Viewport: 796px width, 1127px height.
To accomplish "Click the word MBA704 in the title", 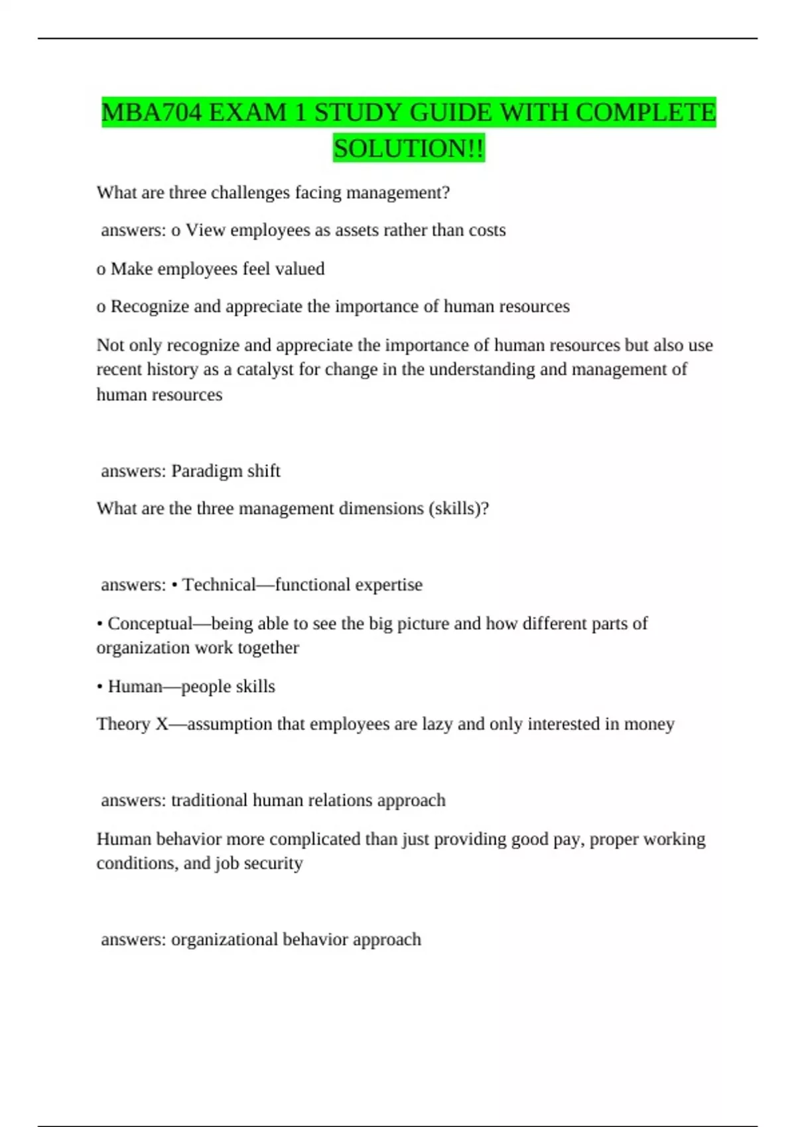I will pyautogui.click(x=151, y=113).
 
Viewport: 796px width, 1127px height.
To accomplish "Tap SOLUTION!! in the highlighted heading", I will pyautogui.click(x=409, y=148).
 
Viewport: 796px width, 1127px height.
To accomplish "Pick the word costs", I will pyautogui.click(x=487, y=230).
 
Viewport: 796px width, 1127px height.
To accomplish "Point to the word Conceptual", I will pyautogui.click(x=150, y=624).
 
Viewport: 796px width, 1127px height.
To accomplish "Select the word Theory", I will pyautogui.click(x=123, y=724).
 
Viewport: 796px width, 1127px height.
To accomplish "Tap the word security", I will pyautogui.click(x=273, y=863).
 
